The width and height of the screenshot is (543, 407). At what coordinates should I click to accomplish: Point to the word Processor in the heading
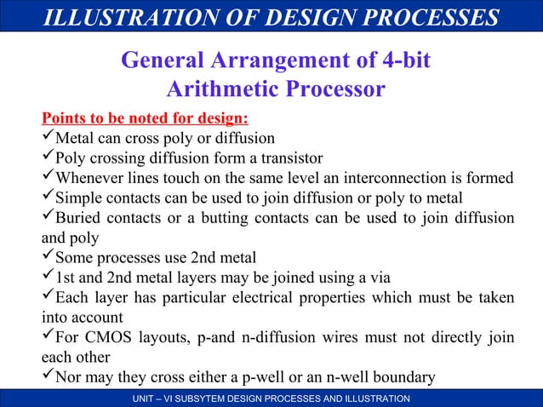337,89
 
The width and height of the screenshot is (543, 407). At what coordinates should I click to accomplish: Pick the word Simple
78,198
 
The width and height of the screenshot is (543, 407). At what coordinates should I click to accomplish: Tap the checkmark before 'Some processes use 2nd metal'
49,257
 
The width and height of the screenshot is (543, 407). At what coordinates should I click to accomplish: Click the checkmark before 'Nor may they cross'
49,375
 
